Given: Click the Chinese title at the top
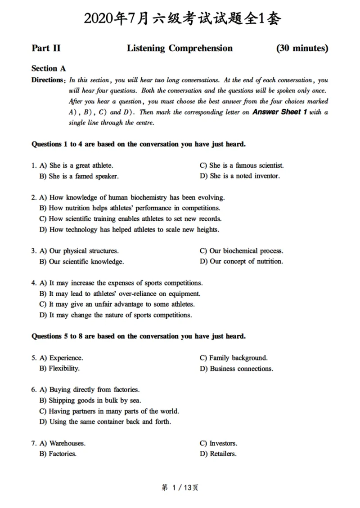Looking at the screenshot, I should coord(180,18).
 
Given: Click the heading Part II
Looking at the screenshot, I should coord(46,48).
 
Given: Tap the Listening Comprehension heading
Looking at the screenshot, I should coord(180,48).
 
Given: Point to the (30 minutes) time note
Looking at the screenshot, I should coord(302,48).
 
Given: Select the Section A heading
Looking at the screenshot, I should coord(49,68).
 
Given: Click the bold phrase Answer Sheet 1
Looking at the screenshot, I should coord(279,112).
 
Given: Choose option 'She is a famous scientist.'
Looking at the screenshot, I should coord(242,165).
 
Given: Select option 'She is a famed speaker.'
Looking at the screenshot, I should coord(79,176).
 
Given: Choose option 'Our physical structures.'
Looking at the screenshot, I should coord(79,251).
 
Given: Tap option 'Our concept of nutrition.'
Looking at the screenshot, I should coord(242,261).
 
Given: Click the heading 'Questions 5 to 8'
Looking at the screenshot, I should coord(139,336).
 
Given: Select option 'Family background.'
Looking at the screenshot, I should coord(234,358).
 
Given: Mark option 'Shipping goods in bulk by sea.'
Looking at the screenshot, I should coord(90,400).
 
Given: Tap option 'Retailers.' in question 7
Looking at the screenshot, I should coord(218,454).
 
